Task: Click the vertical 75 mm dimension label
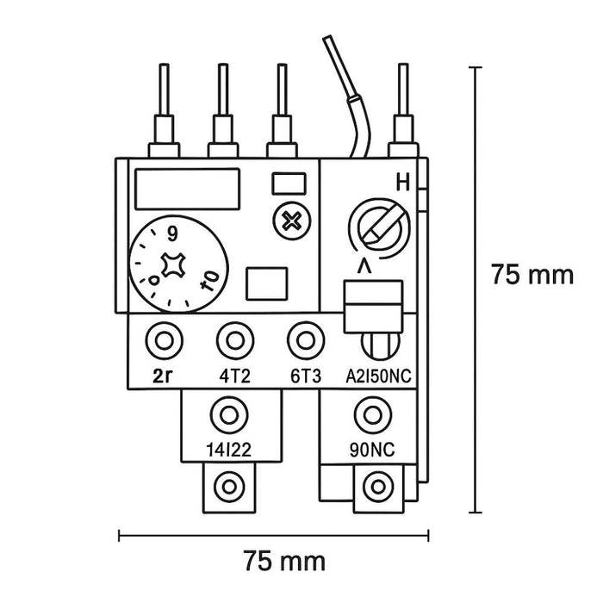532,276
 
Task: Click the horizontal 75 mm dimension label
284,562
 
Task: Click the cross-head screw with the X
293,220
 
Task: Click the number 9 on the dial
173,233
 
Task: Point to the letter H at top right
401,183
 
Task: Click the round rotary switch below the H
376,226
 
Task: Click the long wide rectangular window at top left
186,186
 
